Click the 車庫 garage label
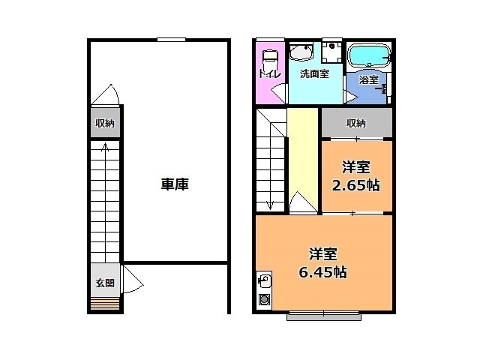173,184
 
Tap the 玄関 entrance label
104,283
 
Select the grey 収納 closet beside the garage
104,124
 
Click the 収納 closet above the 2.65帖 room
356,124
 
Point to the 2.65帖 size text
356,185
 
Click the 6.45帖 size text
323,272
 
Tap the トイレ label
269,73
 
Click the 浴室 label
368,79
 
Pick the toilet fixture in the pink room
270,54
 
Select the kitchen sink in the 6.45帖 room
264,282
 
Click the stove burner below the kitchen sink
264,299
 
